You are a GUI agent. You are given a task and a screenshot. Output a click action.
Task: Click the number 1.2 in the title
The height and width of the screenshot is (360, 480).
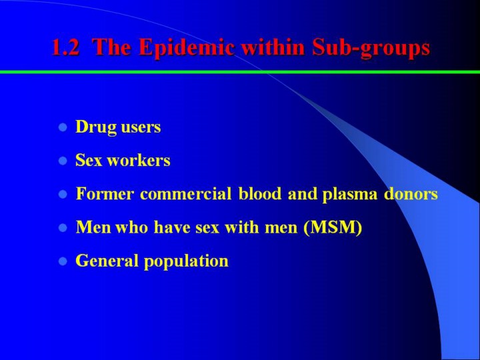66,48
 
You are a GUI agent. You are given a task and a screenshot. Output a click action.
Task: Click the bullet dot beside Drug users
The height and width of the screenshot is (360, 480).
63,127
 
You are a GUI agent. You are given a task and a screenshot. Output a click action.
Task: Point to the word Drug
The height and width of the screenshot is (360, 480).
96,127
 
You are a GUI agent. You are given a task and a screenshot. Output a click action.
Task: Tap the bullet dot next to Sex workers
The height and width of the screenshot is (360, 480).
63,161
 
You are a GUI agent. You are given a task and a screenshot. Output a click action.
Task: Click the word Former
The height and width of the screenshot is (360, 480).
105,194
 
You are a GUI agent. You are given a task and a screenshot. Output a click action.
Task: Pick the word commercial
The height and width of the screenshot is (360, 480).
185,193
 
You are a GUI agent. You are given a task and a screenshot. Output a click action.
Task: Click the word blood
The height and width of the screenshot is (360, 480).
259,193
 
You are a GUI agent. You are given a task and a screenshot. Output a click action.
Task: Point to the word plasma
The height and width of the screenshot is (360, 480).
350,195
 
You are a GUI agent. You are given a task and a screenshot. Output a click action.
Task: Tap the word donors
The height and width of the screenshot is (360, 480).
411,193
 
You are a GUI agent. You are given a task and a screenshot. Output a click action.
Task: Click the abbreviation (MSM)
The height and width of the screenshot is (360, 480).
333,228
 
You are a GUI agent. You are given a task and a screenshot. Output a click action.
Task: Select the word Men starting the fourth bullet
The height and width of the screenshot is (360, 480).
93,227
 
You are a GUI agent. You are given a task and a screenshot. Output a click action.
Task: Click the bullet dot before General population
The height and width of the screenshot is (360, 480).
63,261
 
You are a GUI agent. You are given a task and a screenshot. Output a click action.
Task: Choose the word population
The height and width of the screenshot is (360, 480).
186,262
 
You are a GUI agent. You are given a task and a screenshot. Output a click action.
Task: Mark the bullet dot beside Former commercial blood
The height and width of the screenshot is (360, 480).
63,194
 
